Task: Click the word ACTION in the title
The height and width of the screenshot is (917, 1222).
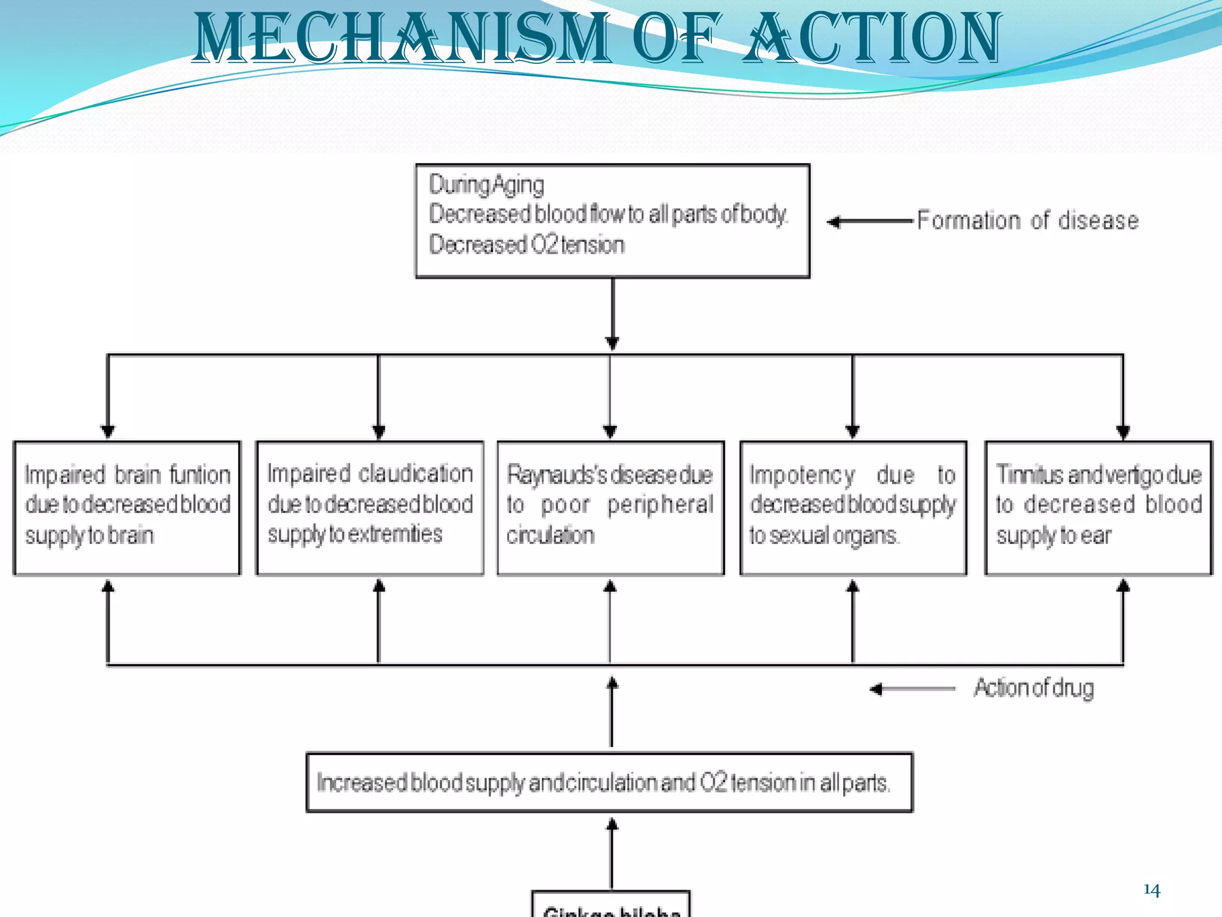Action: [872, 39]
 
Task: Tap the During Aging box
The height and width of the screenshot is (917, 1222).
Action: [612, 220]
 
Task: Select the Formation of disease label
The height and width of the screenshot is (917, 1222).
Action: [1027, 220]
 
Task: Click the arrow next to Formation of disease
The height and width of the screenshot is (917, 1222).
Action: [870, 221]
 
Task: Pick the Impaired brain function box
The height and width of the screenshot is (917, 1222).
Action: [127, 507]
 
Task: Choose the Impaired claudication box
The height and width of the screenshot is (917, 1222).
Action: [369, 507]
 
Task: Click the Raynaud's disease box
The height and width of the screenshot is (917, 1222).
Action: [610, 507]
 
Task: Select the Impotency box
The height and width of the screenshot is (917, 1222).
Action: [853, 507]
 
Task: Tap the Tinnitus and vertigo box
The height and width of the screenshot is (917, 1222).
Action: [1098, 507]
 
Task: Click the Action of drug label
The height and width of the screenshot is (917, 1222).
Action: [1033, 688]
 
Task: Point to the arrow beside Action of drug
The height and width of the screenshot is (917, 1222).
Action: [912, 689]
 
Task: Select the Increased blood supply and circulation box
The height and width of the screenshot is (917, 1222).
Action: [609, 782]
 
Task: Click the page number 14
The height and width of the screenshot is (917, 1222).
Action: [1152, 890]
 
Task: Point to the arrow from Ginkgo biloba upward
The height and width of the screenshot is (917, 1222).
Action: [612, 854]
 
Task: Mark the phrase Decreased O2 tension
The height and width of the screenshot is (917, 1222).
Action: [526, 245]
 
